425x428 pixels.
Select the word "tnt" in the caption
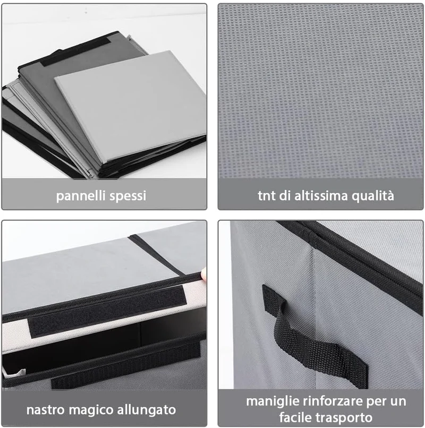click(x=266, y=196)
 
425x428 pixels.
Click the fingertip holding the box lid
click(x=204, y=274)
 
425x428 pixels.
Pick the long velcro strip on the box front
click(x=126, y=364)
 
